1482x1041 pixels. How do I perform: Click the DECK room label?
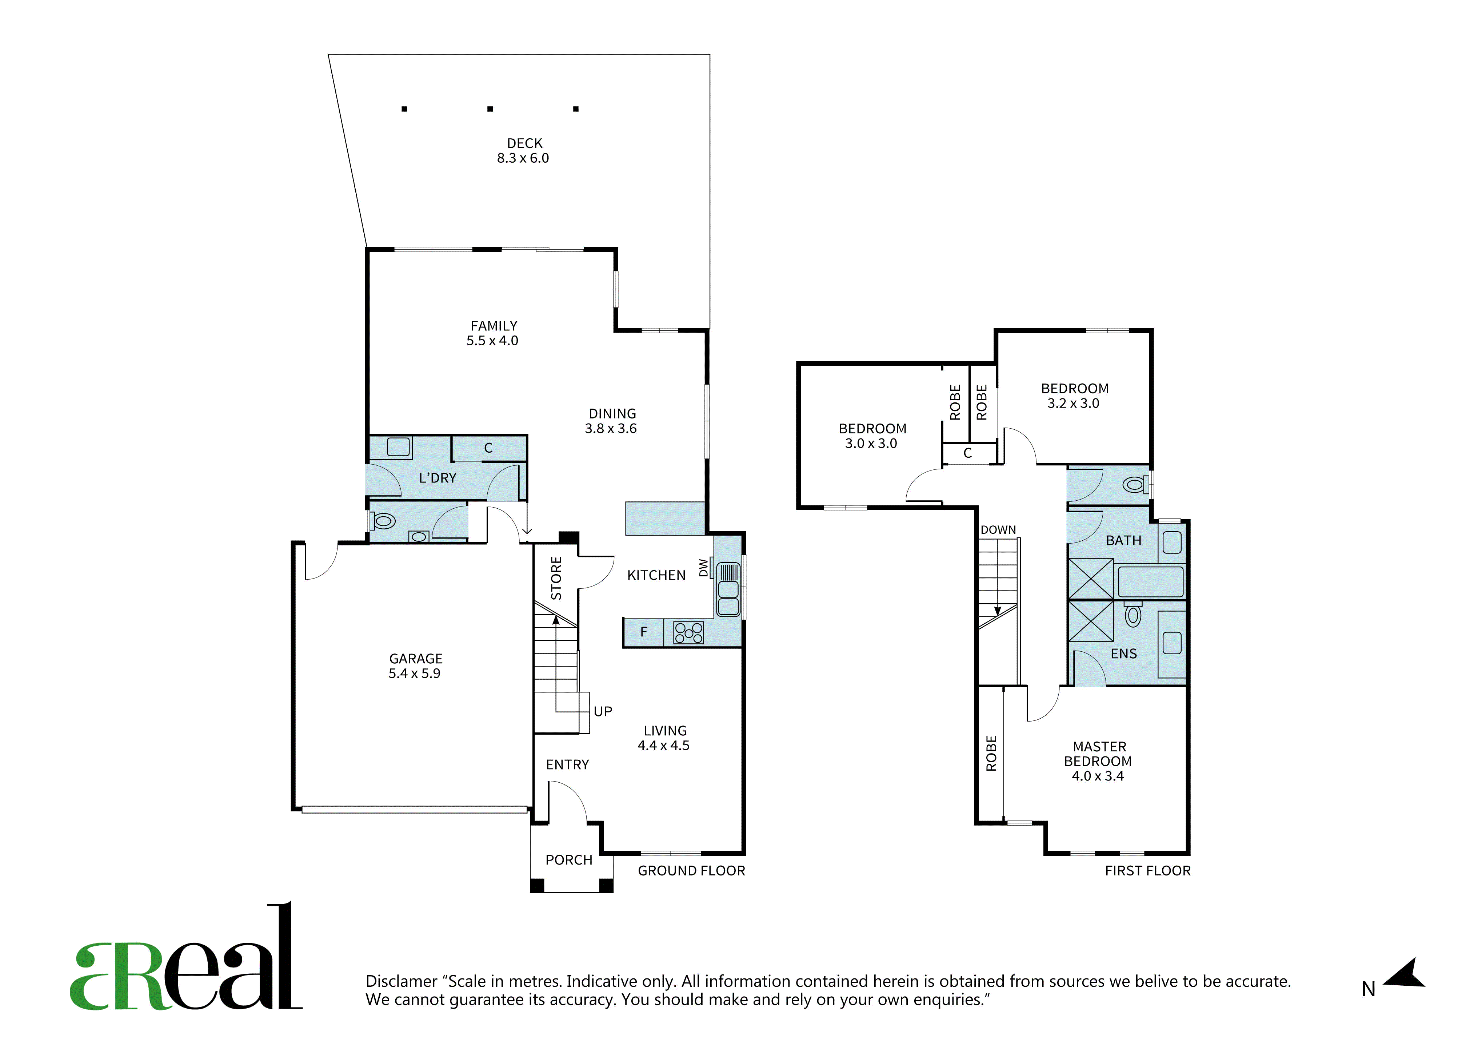[x=524, y=143]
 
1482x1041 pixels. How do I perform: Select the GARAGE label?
[x=416, y=659]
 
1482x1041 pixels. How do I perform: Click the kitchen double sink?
[x=728, y=589]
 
